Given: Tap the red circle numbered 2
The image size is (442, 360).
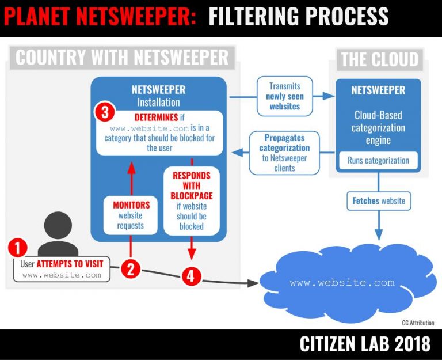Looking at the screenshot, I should click(131, 269).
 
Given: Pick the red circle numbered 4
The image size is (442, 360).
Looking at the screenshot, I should click(192, 277).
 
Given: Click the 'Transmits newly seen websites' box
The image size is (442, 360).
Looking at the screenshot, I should click(284, 96).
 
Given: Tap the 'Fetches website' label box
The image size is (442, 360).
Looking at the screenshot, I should click(378, 201).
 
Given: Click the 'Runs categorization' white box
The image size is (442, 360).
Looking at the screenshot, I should click(378, 161).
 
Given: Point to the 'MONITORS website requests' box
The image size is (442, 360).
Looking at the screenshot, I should click(131, 215).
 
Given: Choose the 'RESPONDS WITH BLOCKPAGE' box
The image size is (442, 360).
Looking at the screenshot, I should click(191, 200).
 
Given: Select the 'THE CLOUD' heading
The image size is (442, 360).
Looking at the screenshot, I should click(379, 59).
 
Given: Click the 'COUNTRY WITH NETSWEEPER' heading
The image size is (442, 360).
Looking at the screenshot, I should click(121, 58).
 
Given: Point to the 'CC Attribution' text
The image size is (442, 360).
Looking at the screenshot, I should click(418, 323).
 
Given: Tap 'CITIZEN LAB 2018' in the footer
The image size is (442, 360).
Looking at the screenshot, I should click(364, 344).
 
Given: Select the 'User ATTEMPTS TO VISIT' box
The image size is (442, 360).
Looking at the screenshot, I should click(62, 269).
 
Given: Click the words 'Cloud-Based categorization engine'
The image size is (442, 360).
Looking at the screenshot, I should click(379, 127).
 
